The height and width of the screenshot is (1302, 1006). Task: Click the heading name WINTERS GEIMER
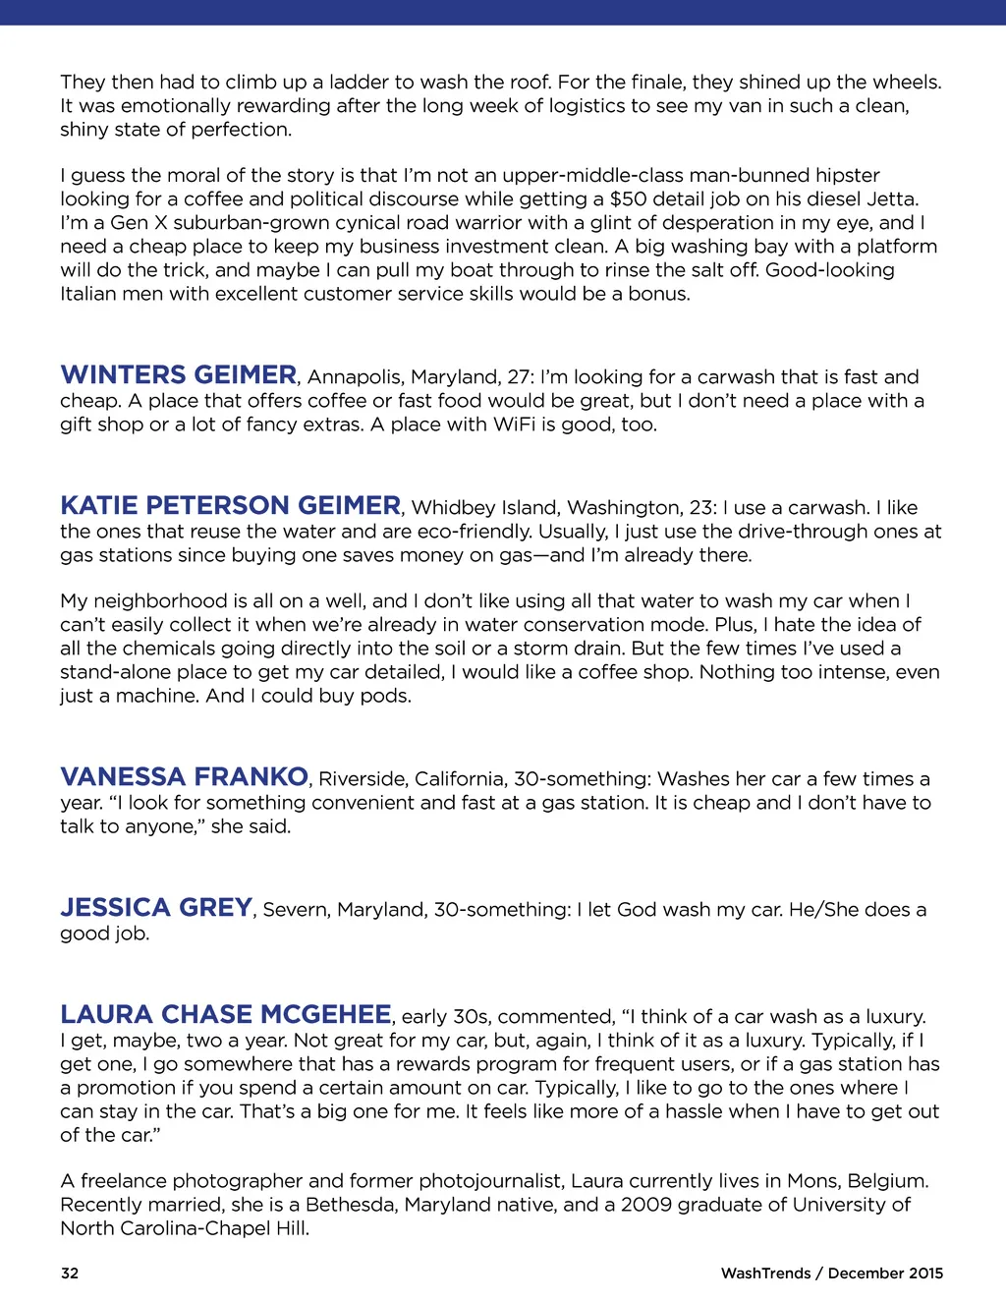pos(178,375)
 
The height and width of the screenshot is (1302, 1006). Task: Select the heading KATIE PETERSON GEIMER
pos(230,506)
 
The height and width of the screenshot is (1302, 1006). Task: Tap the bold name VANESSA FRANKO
pos(184,777)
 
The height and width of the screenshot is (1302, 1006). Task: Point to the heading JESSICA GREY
pos(156,908)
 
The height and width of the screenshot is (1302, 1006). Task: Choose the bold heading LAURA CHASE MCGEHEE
pos(226,1015)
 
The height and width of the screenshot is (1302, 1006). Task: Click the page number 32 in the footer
pos(70,1274)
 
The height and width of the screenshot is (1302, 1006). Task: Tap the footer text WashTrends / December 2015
pos(831,1274)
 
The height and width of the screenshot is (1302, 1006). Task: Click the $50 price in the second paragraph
pos(628,199)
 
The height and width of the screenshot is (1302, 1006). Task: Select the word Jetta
pos(890,199)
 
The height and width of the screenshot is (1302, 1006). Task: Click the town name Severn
pos(295,910)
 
